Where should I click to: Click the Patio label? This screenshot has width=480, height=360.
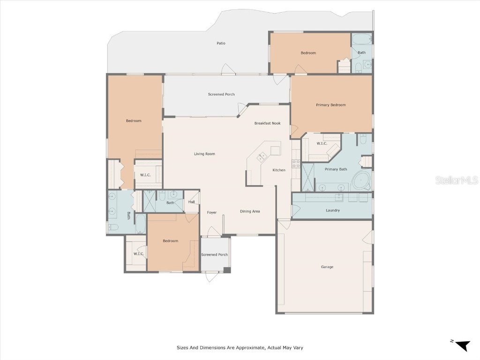pos(221,43)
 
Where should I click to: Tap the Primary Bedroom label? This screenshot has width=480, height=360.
pos(331,105)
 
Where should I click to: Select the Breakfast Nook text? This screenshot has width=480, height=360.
pos(268,123)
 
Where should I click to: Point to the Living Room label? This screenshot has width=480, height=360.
pos(204,154)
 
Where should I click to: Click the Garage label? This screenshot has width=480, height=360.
pos(327,267)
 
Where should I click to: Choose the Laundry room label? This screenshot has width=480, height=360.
pos(333,210)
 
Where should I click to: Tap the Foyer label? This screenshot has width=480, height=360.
pos(212,212)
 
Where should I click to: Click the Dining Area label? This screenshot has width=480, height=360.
pos(250,211)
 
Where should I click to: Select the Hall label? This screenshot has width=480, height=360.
pos(191,202)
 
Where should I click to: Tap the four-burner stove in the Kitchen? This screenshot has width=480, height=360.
pos(296,164)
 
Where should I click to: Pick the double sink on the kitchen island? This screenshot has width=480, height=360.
pos(262,157)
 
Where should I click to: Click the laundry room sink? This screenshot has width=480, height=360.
pos(339,197)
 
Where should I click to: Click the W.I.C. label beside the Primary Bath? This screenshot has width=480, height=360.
pos(322,143)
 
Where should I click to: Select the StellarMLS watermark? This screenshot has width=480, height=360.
pos(457,180)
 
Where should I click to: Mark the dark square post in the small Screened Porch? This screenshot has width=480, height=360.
pos(227,270)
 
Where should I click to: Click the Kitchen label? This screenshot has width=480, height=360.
pos(279,170)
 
